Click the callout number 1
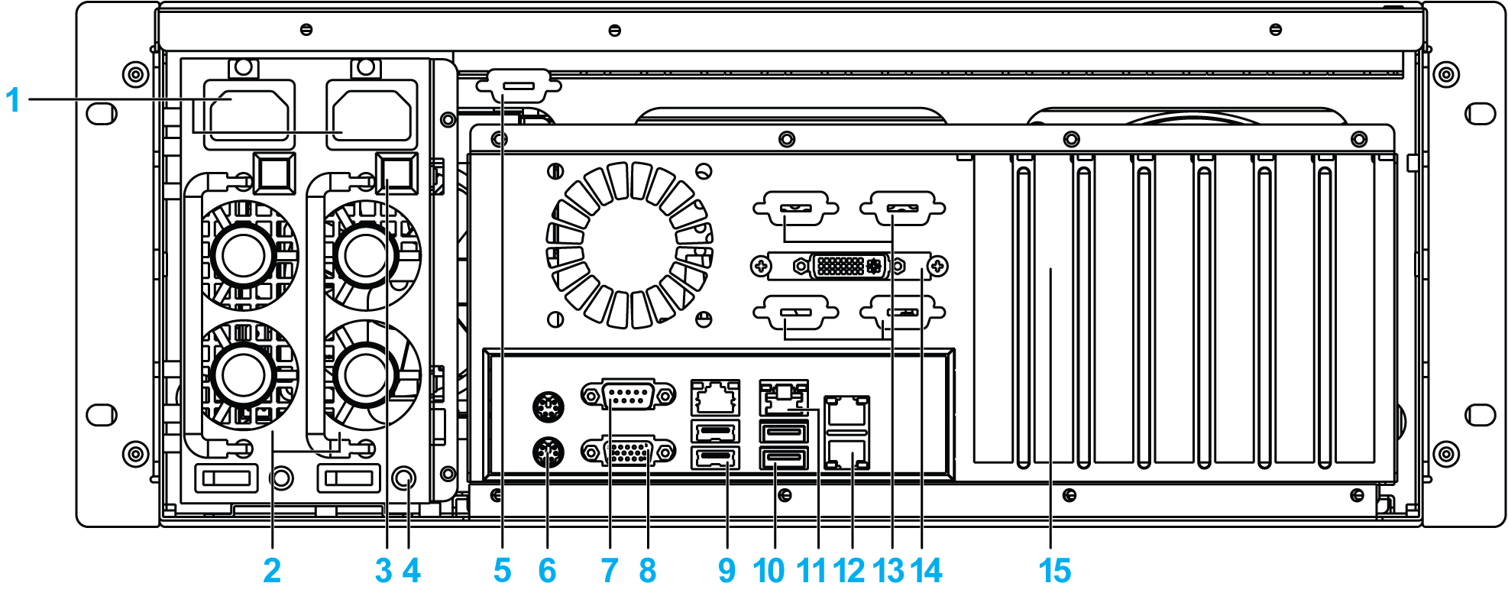pos(12,100)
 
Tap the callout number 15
pos(1054,571)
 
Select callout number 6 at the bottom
pos(547,571)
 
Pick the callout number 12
pos(849,571)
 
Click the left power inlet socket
pos(249,115)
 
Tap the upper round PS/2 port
pos(548,407)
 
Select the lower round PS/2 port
pos(548,452)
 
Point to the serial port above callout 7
pos(628,395)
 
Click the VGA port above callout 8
pos(628,452)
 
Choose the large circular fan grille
pos(629,245)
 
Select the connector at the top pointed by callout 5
pos(518,85)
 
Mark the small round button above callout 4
pos(404,478)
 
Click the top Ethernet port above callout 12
pos(846,412)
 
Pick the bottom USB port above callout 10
pos(784,458)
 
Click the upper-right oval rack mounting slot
pos(1480,114)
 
